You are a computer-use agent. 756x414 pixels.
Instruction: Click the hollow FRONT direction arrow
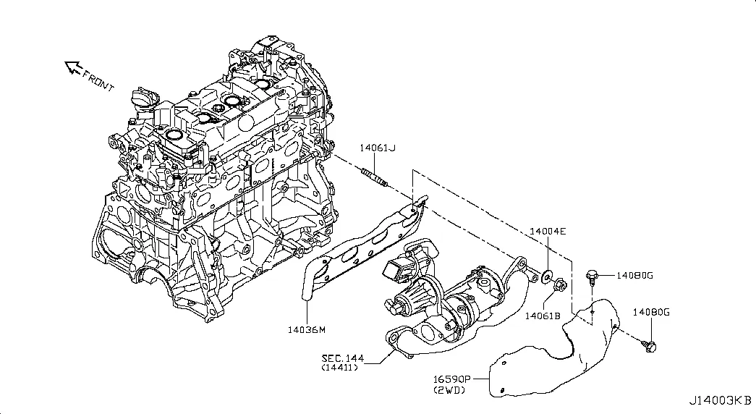pyautogui.click(x=73, y=68)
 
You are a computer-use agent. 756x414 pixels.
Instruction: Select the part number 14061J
pyautogui.click(x=378, y=148)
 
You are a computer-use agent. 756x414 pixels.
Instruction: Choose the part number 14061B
pyautogui.click(x=543, y=316)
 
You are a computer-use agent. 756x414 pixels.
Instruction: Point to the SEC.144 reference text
pyautogui.click(x=344, y=358)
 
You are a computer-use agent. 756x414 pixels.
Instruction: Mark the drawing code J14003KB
pyautogui.click(x=719, y=400)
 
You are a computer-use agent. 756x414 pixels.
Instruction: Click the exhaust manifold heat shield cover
pyautogui.click(x=564, y=355)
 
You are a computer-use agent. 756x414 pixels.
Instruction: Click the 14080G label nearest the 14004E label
pyautogui.click(x=635, y=275)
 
